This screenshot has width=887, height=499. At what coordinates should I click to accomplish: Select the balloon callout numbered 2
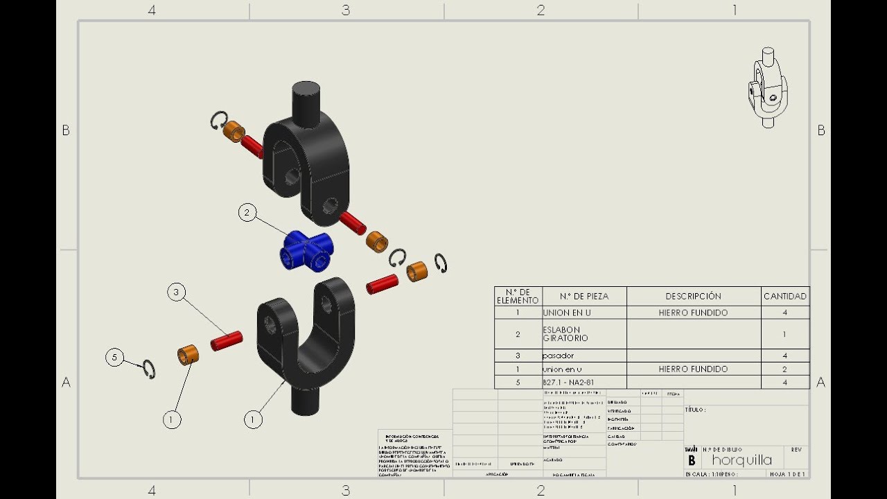click(x=247, y=213)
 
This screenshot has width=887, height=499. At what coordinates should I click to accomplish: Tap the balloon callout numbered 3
click(x=176, y=292)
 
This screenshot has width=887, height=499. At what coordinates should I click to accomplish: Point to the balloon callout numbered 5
click(x=114, y=358)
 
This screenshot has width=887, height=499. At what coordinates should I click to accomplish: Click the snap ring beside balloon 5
click(x=149, y=369)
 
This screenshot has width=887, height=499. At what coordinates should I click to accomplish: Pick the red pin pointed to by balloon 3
click(x=227, y=340)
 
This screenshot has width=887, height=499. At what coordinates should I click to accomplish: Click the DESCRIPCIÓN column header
click(x=693, y=296)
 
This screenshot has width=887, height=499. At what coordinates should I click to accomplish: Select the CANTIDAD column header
click(x=784, y=296)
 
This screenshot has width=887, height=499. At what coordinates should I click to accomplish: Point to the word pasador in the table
click(x=559, y=356)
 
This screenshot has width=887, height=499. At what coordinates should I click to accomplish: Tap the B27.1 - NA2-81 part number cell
click(x=568, y=382)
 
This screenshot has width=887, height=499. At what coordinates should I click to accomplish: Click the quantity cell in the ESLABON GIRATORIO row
click(x=784, y=333)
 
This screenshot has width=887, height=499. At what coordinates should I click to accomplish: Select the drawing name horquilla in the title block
click(x=741, y=460)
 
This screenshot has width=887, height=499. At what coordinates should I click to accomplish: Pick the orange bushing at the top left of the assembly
click(x=235, y=130)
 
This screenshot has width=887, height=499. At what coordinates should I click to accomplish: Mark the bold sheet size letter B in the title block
click(x=691, y=460)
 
